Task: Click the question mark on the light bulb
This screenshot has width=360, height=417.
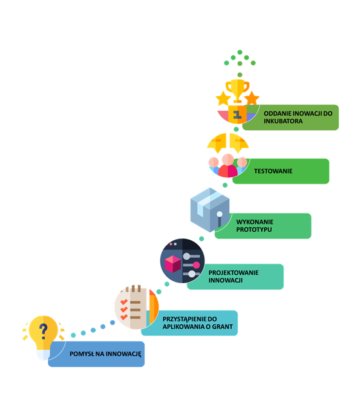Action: pos(43,331)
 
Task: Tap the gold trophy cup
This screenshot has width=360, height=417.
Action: pos(237,90)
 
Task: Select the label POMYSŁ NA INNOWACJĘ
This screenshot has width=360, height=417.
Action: pos(105,354)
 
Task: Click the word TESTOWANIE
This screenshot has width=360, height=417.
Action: pos(273,171)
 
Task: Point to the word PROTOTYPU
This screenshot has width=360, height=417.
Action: pos(254,229)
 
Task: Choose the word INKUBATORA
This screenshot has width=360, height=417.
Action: pos(283,121)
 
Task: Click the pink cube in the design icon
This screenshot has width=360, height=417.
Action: pos(173,264)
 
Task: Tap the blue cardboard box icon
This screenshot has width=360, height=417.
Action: pos(210,210)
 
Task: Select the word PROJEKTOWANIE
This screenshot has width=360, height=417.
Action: pos(234,272)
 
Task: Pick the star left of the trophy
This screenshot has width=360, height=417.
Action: pos(223,99)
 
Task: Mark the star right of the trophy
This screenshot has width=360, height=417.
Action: pos(252,99)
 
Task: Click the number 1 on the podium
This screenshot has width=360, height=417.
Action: pos(237,114)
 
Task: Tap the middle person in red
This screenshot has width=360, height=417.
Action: pos(228,166)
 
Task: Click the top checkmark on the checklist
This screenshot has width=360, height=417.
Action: pos(124,302)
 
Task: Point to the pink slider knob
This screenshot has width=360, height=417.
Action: pos(196,265)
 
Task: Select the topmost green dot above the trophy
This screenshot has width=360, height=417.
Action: pos(240,52)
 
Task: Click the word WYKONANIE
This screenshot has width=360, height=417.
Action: pos(255,222)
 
